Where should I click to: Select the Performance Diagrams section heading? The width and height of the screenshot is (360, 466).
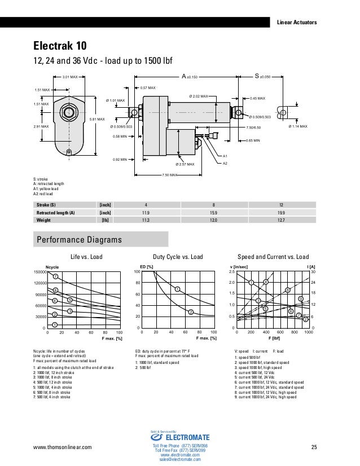point(79,240)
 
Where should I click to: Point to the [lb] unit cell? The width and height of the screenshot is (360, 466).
point(104,221)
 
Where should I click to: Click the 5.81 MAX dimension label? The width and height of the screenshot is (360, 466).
point(97,119)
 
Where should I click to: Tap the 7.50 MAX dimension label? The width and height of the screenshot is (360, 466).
point(170,175)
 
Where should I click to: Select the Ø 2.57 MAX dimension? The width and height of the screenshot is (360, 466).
point(184,164)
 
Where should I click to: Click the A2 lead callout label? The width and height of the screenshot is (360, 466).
point(225,163)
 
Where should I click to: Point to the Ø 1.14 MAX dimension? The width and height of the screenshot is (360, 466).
point(298,127)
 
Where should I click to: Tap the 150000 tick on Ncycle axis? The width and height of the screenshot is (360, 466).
point(39,272)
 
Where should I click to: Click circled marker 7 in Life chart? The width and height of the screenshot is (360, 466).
point(56,276)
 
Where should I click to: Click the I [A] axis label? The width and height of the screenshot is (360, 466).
point(310,266)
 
